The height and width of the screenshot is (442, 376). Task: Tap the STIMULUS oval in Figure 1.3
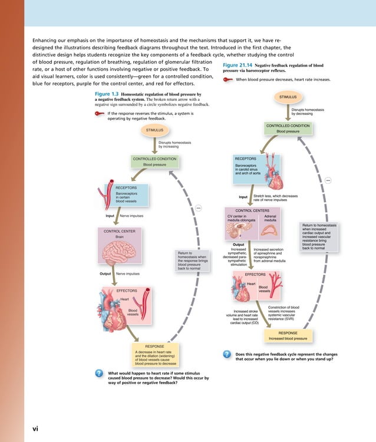[154, 129]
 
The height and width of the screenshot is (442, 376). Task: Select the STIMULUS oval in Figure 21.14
[288, 96]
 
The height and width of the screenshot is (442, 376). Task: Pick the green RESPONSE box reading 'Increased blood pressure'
[288, 336]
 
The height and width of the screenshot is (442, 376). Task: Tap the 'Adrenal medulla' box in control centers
[271, 220]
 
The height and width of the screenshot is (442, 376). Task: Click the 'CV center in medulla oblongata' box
[242, 220]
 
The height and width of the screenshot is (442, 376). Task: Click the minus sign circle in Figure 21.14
[328, 179]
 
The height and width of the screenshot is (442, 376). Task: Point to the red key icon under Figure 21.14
[228, 80]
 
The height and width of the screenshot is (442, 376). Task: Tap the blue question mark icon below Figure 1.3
[99, 373]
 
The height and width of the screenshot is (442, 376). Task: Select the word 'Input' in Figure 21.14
[243, 197]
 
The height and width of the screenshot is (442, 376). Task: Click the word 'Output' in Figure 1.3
[106, 274]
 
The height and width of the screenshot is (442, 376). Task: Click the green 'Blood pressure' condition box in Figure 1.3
[154, 162]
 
